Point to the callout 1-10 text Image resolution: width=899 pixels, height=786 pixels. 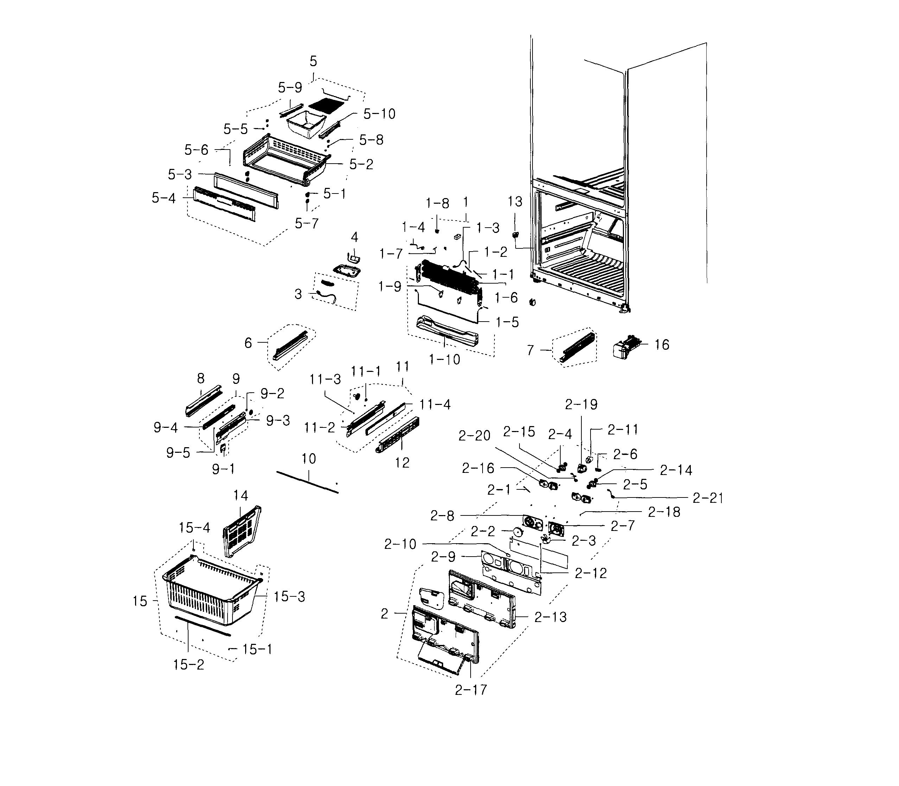(444, 360)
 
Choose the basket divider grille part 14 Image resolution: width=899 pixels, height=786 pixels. (241, 531)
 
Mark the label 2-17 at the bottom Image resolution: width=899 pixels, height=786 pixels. (471, 690)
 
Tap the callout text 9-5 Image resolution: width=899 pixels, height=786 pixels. (178, 453)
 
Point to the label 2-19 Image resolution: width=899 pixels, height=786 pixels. (581, 404)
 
